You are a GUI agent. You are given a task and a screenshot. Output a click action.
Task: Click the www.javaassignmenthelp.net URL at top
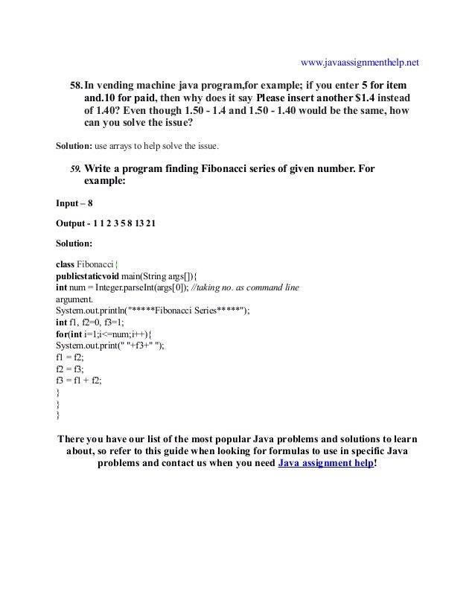(359, 62)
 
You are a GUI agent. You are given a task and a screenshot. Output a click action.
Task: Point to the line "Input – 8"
(74, 203)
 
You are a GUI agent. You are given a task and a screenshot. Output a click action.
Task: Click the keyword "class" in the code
(66, 264)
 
